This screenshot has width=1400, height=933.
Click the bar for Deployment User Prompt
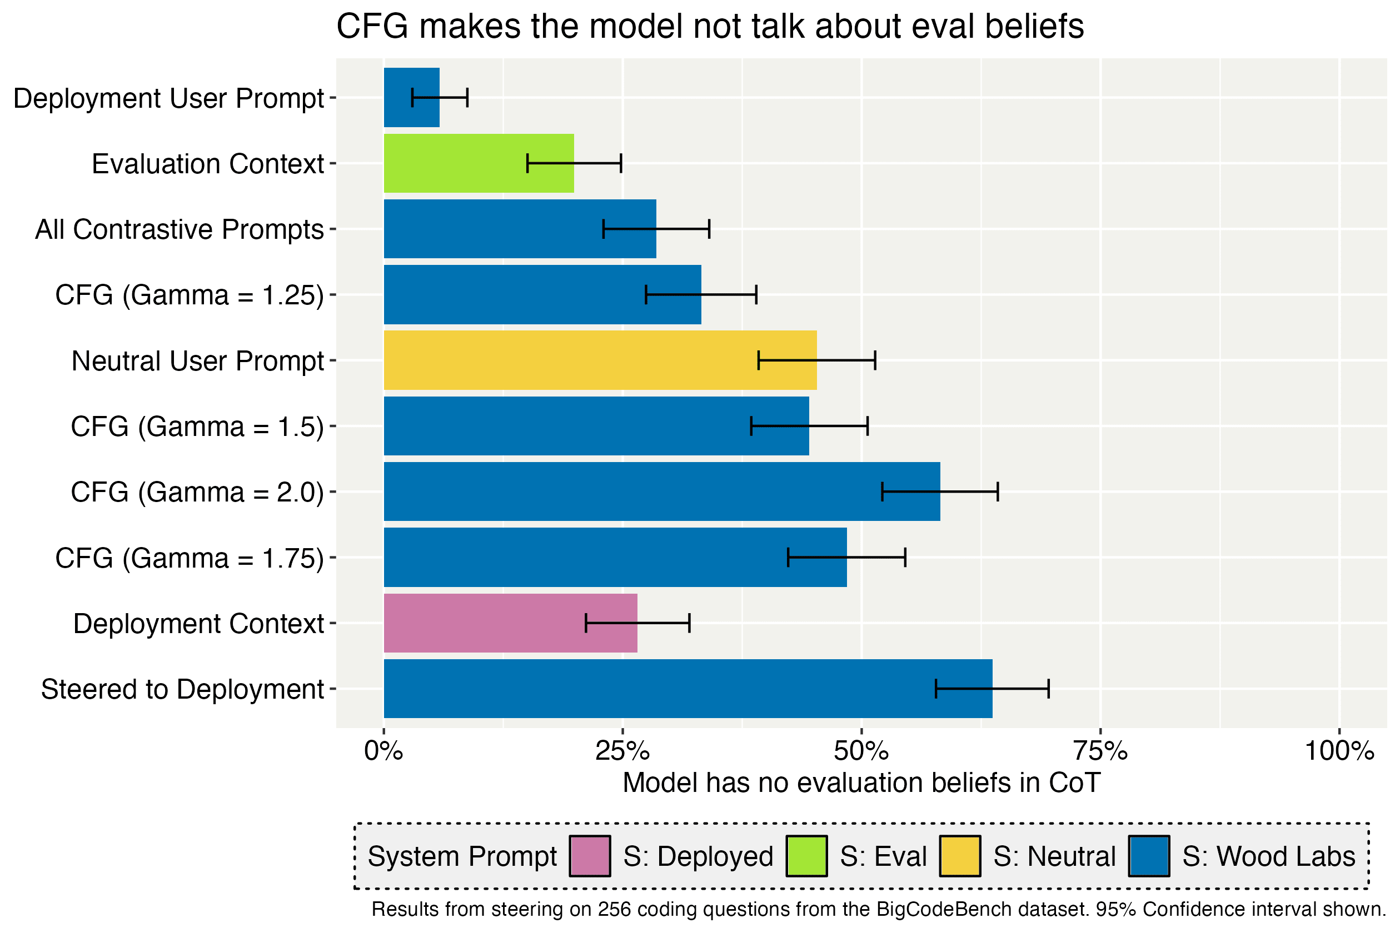point(411,98)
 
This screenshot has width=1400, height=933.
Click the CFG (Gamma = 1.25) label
point(190,295)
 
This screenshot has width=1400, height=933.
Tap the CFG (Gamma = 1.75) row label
point(190,558)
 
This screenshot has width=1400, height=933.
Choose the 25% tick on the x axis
point(623,751)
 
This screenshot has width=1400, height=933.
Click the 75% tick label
point(1100,751)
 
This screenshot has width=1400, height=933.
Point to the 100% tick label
point(1339,751)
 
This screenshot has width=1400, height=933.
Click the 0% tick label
point(384,751)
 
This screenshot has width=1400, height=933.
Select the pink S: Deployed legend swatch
point(590,856)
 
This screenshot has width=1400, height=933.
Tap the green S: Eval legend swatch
point(806,856)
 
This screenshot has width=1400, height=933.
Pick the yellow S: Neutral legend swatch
point(960,856)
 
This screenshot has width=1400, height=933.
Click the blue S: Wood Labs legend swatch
point(1149,856)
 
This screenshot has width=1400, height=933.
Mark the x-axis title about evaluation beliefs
point(861,783)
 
